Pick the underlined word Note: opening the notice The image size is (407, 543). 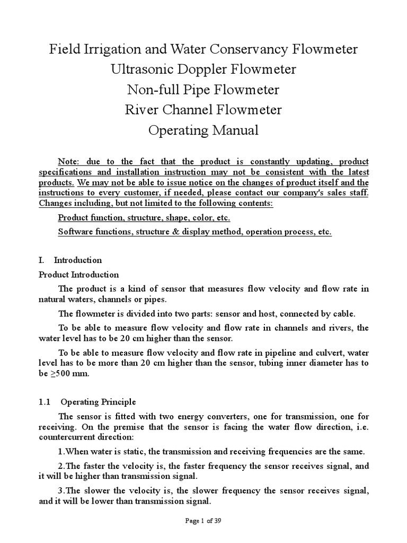coord(70,161)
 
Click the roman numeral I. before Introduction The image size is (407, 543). coord(42,260)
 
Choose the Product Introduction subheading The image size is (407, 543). coord(79,275)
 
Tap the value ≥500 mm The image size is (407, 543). coord(68,373)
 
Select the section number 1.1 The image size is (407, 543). coord(45,402)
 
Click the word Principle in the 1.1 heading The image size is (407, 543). coord(120,402)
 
